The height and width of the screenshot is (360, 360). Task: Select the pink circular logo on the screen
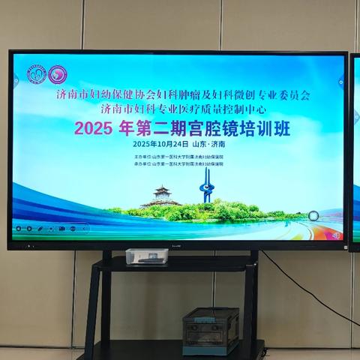pos(57,75)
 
